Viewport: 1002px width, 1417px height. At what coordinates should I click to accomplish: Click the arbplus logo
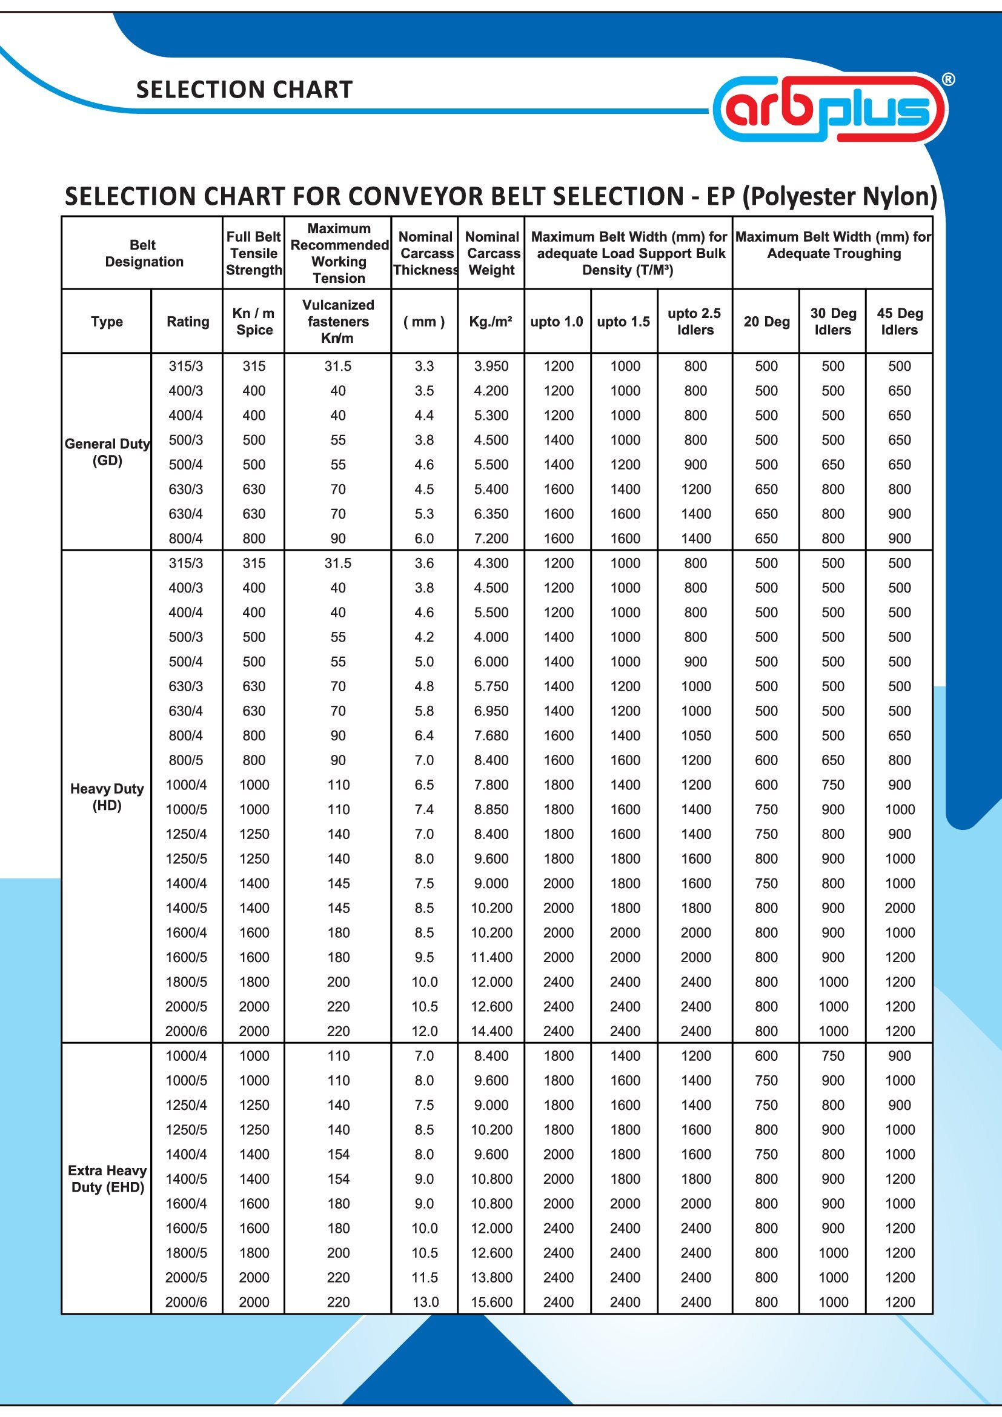tap(830, 108)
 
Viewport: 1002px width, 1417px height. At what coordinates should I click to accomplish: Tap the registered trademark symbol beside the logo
tap(948, 79)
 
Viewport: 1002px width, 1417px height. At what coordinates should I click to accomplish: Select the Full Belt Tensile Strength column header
tap(254, 253)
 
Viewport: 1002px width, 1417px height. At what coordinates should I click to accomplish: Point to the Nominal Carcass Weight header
tap(492, 253)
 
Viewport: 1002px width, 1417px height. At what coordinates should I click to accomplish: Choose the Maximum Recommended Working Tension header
tap(339, 253)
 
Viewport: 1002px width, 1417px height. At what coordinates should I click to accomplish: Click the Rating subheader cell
tap(188, 322)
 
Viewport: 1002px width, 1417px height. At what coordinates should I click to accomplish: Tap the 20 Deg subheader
tap(766, 322)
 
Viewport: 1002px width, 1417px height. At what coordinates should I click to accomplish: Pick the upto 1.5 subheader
tap(624, 322)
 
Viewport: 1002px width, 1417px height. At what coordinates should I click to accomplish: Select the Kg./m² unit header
tap(491, 322)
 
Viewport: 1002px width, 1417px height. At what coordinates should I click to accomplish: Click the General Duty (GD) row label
tap(107, 452)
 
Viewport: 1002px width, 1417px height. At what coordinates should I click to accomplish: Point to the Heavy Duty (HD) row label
tap(107, 797)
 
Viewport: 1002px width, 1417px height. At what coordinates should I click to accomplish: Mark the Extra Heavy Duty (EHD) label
tap(107, 1179)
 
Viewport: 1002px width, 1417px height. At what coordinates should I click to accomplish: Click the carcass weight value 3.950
tap(491, 366)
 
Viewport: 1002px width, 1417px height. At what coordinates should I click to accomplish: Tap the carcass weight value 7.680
tap(491, 735)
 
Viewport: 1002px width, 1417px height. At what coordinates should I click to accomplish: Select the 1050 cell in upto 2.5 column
tap(695, 735)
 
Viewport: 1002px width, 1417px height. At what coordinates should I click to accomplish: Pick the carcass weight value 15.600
tap(491, 1303)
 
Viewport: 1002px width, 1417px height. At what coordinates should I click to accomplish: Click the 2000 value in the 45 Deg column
tap(900, 908)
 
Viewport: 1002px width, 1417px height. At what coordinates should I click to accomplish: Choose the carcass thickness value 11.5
tap(425, 1278)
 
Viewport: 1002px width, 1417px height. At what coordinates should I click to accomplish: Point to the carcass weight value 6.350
tap(491, 514)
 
